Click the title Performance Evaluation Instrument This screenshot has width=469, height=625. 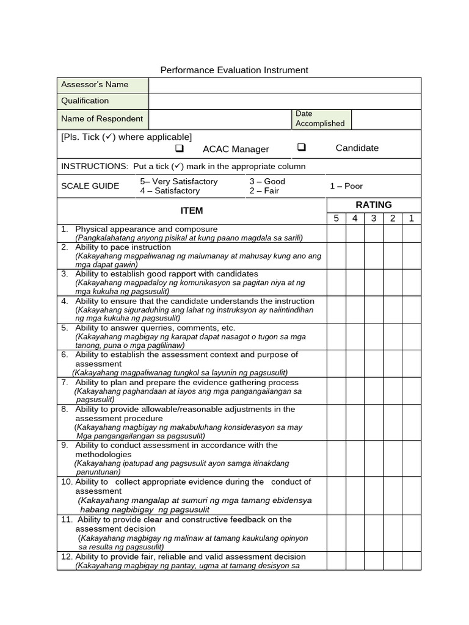pyautogui.click(x=234, y=70)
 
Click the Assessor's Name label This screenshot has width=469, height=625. pyautogui.click(x=95, y=85)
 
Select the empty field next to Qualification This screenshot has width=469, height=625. pyautogui.click(x=285, y=101)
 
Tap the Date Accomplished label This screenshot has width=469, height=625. pyautogui.click(x=320, y=118)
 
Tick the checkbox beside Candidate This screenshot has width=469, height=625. pyautogui.click(x=302, y=148)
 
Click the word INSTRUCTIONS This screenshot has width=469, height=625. pyautogui.click(x=92, y=167)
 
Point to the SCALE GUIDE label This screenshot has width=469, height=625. pyautogui.click(x=90, y=186)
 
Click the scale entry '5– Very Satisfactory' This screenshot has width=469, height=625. pyautogui.click(x=178, y=181)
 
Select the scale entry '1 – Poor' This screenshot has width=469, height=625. pyautogui.click(x=346, y=186)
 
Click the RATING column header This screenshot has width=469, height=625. pyautogui.click(x=374, y=205)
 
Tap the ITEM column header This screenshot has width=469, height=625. pyautogui.click(x=192, y=211)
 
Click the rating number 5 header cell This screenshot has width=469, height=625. pyautogui.click(x=336, y=219)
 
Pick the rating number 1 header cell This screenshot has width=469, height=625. pyautogui.click(x=411, y=219)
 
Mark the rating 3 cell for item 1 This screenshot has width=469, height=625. pyautogui.click(x=374, y=233)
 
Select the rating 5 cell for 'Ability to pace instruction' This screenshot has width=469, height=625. pyautogui.click(x=336, y=256)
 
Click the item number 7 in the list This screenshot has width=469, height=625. pyautogui.click(x=64, y=382)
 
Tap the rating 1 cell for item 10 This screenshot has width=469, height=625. pyautogui.click(x=411, y=495)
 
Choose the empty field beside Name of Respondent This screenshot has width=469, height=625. pyautogui.click(x=220, y=119)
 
